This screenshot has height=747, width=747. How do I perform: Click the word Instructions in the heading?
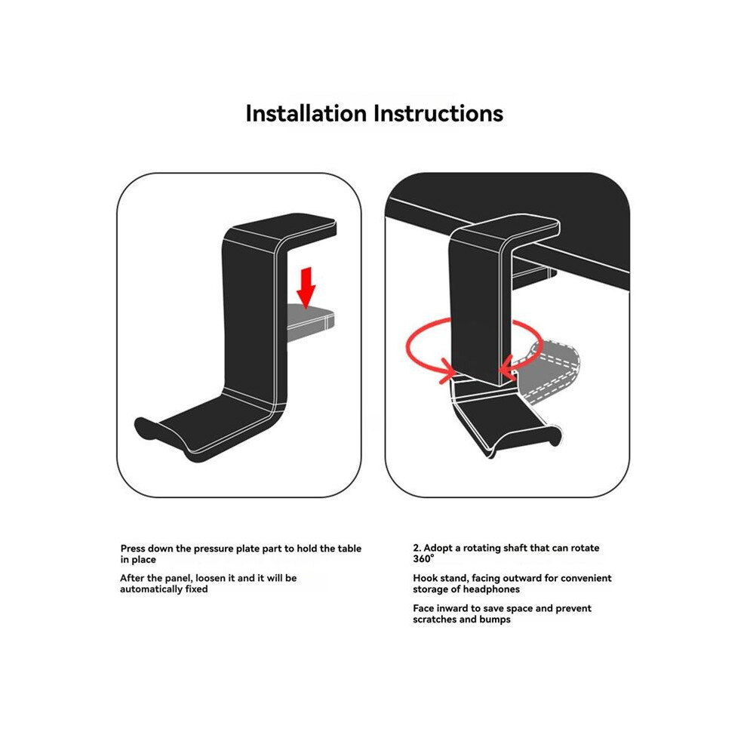pos(438,113)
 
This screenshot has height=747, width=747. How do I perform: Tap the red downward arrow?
pos(306,287)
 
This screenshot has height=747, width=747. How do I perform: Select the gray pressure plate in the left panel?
pos(310,322)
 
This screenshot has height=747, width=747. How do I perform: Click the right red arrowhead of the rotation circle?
pos(507,367)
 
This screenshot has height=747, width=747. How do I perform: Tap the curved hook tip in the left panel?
pos(146,427)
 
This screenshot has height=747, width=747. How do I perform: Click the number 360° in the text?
pos(423,559)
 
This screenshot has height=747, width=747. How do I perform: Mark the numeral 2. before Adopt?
pos(417,548)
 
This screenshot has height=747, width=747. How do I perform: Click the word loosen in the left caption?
pos(210,578)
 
